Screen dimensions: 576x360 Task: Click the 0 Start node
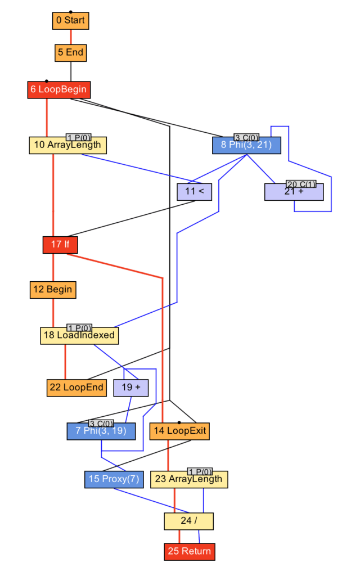70,21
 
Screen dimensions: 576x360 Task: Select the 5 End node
70,53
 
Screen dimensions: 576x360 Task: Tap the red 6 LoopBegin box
58,90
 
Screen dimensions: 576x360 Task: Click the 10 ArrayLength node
67,145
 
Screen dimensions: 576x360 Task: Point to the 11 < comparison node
194,192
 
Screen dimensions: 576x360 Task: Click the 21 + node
294,192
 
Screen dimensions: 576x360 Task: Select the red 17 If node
60,245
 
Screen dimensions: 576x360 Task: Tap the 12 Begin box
52,290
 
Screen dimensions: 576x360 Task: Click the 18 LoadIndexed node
79,336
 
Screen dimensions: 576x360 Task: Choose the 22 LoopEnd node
76,388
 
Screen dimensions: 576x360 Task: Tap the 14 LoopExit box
179,431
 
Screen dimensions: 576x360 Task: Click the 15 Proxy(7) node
114,479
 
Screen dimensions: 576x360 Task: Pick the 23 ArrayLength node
189,479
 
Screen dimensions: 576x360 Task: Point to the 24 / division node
188,521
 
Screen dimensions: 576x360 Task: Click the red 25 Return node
189,551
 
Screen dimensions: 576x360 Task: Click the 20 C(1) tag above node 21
301,184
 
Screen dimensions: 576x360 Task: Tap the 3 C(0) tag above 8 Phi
246,137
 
